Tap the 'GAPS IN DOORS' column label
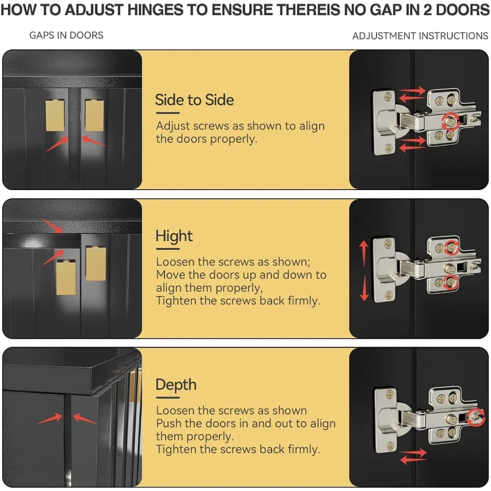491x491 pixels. [66, 35]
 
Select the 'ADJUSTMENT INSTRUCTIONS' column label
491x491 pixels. [420, 36]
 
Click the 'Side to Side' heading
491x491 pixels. [194, 100]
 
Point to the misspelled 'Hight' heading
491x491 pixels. [174, 237]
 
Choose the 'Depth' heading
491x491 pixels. [176, 385]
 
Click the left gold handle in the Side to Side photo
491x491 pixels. [55, 115]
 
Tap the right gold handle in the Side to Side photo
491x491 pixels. [94, 115]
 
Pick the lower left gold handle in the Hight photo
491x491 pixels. [66, 277]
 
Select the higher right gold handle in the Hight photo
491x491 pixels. [96, 263]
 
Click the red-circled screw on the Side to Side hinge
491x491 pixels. [451, 121]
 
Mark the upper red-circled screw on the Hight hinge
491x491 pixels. [451, 247]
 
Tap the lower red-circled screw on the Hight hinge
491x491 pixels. [450, 282]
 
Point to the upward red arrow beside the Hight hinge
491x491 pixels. [363, 253]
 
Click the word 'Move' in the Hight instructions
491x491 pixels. [170, 275]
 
